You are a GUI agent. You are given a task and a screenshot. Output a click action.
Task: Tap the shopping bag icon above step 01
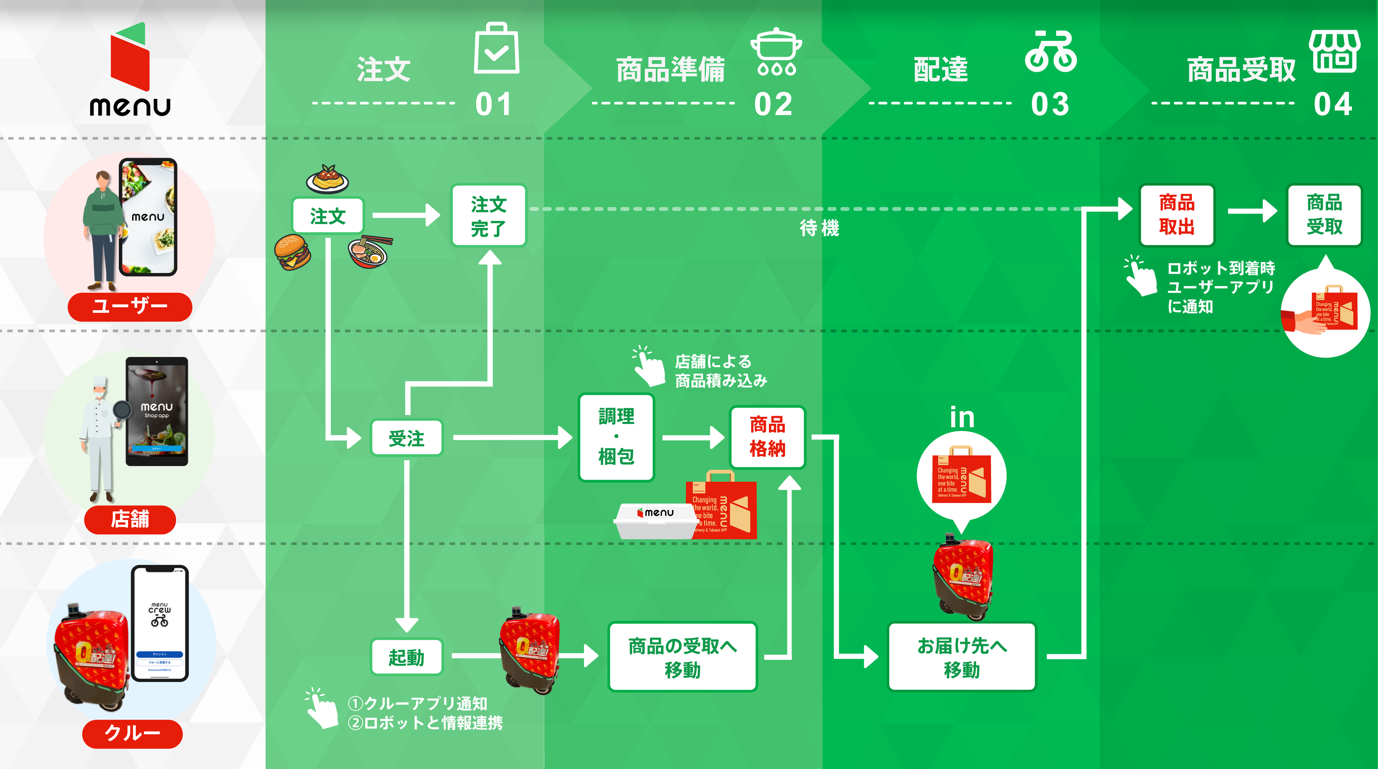[x=496, y=49]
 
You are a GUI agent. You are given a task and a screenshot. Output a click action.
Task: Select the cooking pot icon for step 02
[x=776, y=52]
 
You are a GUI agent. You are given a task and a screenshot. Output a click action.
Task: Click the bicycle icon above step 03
[x=1050, y=52]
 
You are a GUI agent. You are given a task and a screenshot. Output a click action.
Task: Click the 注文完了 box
[x=488, y=215]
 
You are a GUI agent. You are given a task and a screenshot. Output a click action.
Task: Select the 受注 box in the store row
[x=407, y=438]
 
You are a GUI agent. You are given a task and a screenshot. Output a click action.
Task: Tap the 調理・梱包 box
[x=616, y=437]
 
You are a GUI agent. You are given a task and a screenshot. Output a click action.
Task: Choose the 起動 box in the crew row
[x=407, y=657]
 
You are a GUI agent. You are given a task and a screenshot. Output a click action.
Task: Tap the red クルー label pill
[x=132, y=733]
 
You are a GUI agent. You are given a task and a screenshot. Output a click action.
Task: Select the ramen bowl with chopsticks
[x=369, y=252]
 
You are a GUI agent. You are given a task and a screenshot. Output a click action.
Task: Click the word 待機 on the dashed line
[x=819, y=228]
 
